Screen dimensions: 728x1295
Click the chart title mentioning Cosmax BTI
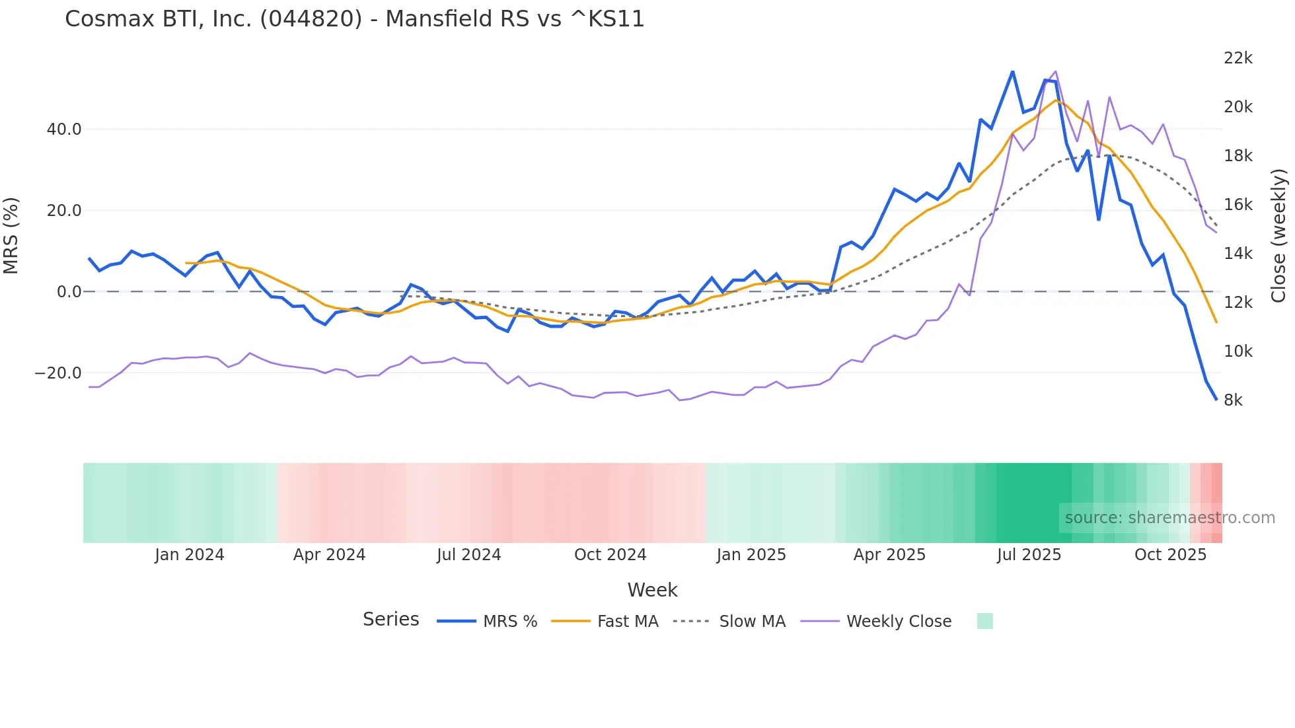click(x=354, y=18)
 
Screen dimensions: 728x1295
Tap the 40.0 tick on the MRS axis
click(x=64, y=129)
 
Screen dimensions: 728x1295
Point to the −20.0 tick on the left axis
click(x=58, y=373)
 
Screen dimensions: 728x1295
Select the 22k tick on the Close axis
click(x=1238, y=58)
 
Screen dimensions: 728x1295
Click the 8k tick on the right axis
click(x=1233, y=400)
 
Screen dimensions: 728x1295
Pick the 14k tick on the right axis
click(x=1238, y=253)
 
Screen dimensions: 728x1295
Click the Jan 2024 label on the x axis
click(x=190, y=554)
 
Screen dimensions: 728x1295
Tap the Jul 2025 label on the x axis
click(x=1029, y=554)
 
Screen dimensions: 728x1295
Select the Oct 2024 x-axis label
click(x=610, y=554)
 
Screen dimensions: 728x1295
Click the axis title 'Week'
click(x=652, y=589)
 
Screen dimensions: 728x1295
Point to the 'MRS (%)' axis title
click(x=11, y=235)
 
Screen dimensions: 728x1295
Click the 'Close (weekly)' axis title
click(x=1278, y=235)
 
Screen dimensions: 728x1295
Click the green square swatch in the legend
click(x=984, y=621)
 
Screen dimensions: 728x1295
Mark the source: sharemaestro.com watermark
click(x=1169, y=517)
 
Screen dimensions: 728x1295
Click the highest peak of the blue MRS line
click(x=1012, y=71)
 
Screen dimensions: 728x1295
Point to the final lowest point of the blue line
click(x=1216, y=399)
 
